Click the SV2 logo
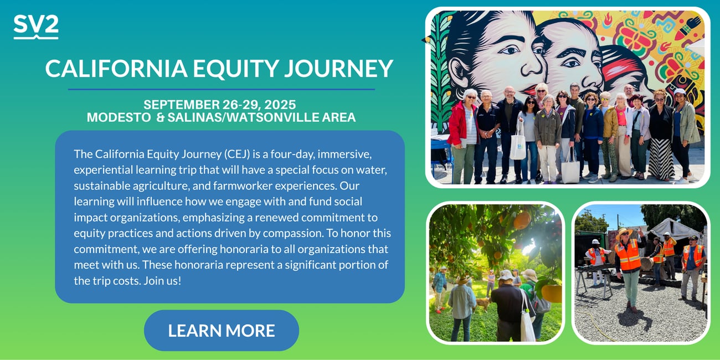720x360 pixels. pyautogui.click(x=36, y=27)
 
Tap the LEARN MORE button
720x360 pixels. pyautogui.click(x=222, y=331)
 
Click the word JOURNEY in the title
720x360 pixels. pyautogui.click(x=339, y=68)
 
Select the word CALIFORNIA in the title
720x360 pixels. pyautogui.click(x=116, y=68)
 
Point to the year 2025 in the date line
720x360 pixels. pyautogui.click(x=280, y=105)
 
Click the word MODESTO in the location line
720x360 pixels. pyautogui.click(x=119, y=117)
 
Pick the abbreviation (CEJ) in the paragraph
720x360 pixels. pyautogui.click(x=237, y=155)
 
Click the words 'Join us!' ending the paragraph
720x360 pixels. pyautogui.click(x=162, y=281)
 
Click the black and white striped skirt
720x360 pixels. pyautogui.click(x=661, y=158)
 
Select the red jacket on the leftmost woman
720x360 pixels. pyautogui.click(x=459, y=124)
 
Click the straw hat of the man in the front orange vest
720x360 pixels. pyautogui.click(x=624, y=232)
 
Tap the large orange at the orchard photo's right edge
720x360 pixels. pyautogui.click(x=552, y=293)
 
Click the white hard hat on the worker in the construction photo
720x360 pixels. pyautogui.click(x=595, y=241)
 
